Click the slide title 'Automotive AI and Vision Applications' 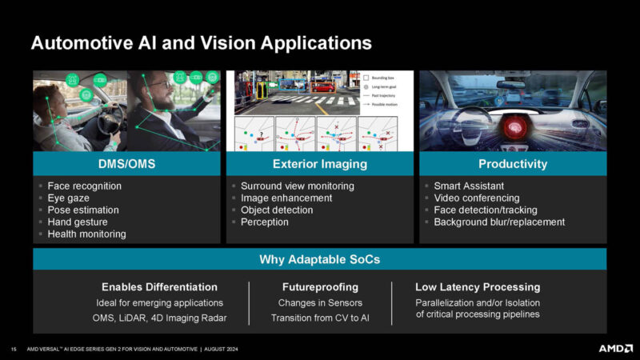(201, 42)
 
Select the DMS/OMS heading (126, 164)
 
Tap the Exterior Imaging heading (319, 164)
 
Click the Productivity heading (512, 164)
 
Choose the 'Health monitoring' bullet (86, 234)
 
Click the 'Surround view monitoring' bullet (297, 186)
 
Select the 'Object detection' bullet (277, 210)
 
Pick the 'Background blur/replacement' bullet (499, 222)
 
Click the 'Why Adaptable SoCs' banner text (319, 259)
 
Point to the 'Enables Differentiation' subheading (159, 286)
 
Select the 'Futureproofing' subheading (319, 286)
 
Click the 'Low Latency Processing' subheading (478, 286)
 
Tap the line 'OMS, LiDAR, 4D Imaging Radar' (159, 318)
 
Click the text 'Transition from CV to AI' (319, 318)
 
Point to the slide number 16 (14, 349)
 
